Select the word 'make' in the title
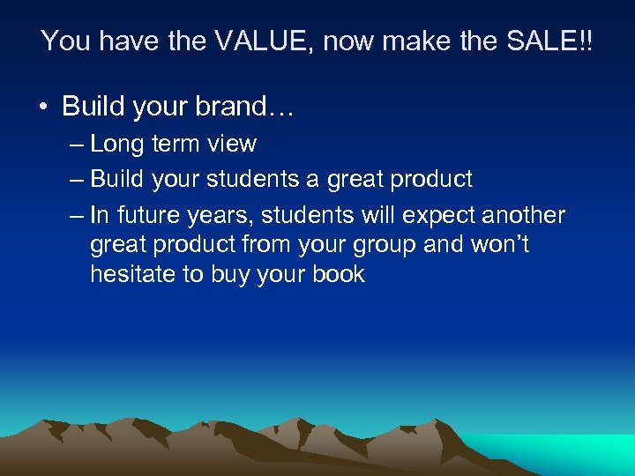coord(393,41)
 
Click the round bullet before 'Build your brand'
coord(42,108)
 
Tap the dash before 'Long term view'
coord(76,144)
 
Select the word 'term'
coord(178,144)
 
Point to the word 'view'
coord(233,144)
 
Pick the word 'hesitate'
coord(133,274)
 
